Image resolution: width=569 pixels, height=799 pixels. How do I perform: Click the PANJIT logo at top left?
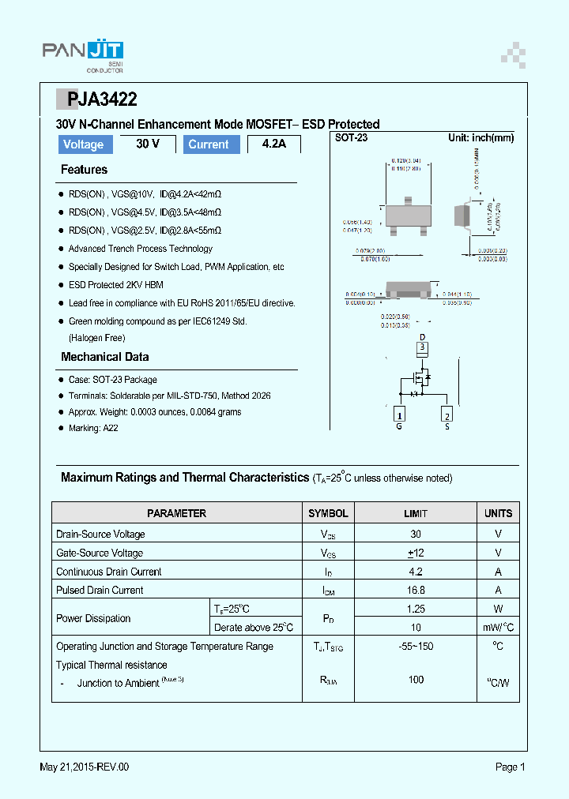[82, 54]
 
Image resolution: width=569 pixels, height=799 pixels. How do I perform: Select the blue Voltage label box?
[84, 144]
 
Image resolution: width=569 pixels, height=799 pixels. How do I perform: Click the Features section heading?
[84, 170]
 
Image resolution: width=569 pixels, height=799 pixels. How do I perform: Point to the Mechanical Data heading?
[104, 357]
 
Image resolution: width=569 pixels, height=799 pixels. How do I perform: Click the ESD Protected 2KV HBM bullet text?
[115, 285]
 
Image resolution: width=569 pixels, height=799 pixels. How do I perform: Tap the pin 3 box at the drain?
[422, 347]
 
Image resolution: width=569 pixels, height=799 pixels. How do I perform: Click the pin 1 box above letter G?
[400, 416]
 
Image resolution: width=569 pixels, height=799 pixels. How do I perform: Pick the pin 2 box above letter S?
[447, 416]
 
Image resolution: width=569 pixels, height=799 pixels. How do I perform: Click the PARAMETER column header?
[176, 513]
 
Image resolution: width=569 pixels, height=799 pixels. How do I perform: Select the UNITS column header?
[498, 513]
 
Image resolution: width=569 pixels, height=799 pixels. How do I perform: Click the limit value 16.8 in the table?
[416, 590]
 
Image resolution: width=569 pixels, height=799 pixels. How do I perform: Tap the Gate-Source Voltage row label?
[100, 553]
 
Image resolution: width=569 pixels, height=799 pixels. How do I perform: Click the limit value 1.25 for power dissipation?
[416, 609]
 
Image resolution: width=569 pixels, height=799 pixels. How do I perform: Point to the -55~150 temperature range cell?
[416, 646]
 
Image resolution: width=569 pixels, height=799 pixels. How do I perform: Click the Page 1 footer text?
[510, 767]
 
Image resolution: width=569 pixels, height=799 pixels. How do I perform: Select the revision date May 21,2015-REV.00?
[84, 767]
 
